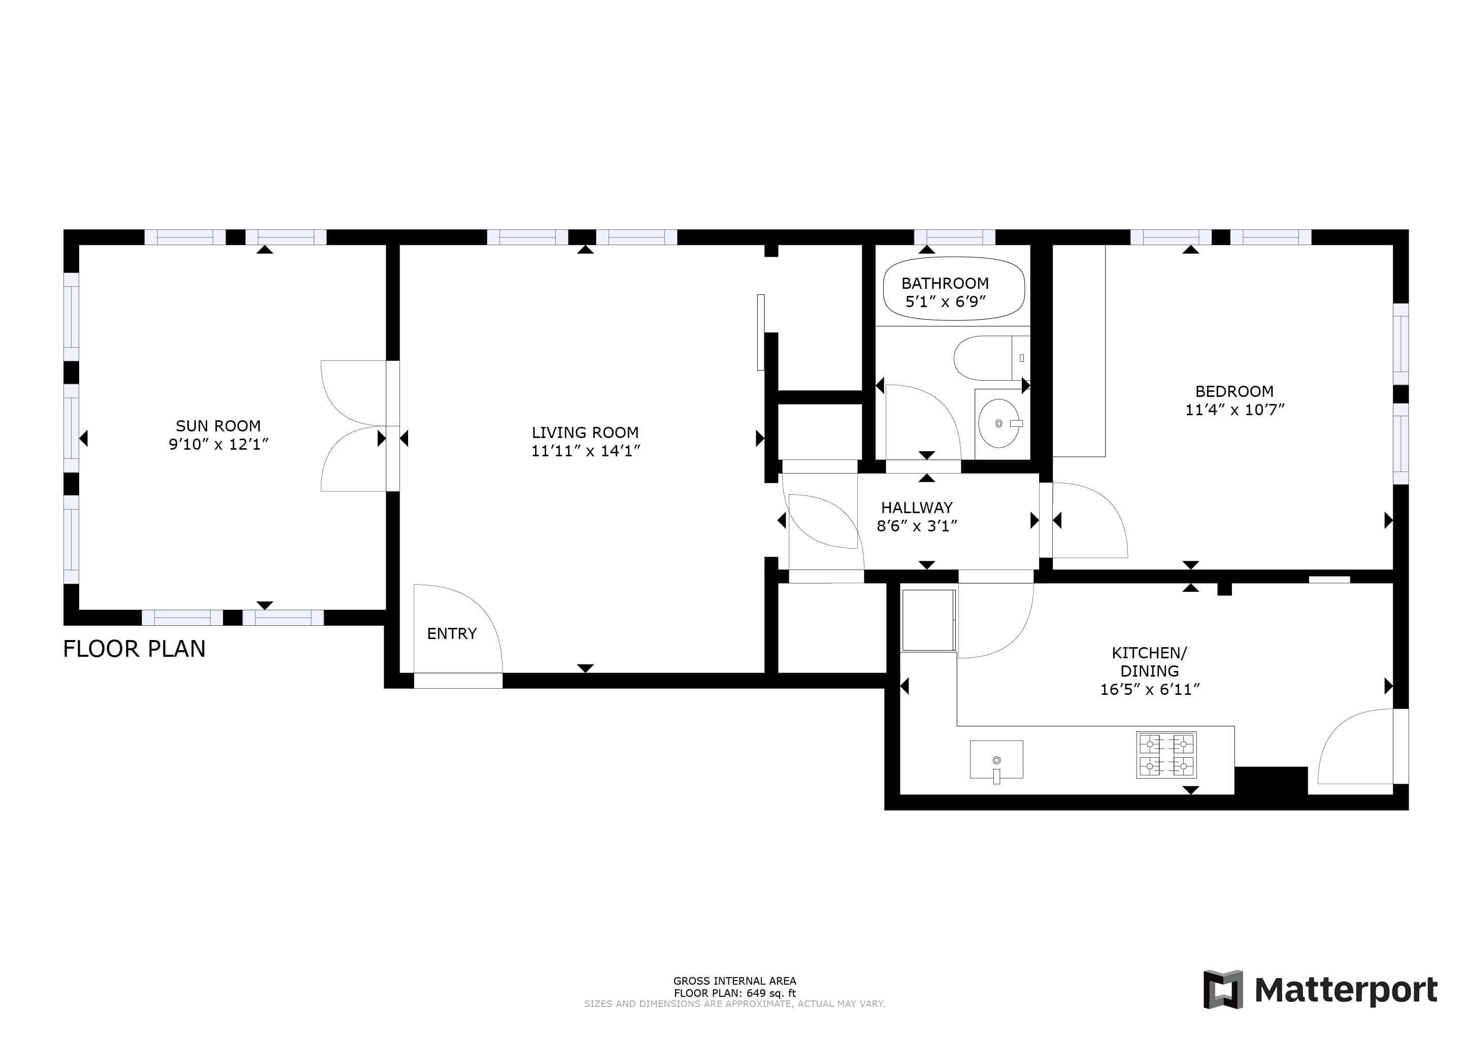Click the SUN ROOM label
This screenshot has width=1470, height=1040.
click(218, 426)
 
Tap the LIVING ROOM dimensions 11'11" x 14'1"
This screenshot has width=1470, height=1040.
click(585, 451)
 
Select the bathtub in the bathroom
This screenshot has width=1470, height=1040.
click(953, 288)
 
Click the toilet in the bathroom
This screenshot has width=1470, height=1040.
click(991, 358)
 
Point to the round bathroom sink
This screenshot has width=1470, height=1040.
click(999, 423)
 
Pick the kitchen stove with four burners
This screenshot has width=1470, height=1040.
click(1166, 755)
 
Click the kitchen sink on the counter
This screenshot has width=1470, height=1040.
click(996, 760)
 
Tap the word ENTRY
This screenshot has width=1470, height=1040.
click(452, 633)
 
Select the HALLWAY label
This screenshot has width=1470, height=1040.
click(917, 508)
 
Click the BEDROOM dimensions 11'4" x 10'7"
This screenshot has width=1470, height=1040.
click(1234, 410)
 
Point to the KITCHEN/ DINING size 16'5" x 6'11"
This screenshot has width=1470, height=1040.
click(1149, 690)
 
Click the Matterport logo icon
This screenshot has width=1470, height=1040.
click(1223, 989)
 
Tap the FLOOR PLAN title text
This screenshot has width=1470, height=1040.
click(135, 649)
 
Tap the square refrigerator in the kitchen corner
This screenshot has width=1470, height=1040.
click(928, 620)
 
